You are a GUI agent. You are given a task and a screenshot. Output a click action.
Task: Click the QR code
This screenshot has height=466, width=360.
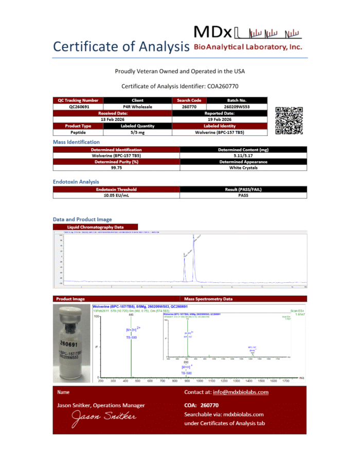tap(289, 120)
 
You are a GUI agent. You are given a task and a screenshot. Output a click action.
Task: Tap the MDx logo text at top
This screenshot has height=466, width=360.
tap(212, 32)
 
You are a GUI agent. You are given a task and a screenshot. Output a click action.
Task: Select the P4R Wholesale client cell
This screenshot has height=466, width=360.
tap(138, 106)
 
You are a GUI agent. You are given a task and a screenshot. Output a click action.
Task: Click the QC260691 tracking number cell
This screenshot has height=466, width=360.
tap(78, 106)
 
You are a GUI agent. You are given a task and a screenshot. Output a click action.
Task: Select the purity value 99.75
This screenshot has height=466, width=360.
tap(116, 168)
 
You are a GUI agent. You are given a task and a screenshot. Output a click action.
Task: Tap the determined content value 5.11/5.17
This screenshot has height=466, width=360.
tap(243, 155)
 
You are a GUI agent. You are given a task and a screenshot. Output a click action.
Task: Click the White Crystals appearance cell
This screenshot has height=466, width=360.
tap(243, 168)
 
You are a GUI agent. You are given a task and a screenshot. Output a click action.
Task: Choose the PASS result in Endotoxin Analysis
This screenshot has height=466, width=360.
tap(243, 195)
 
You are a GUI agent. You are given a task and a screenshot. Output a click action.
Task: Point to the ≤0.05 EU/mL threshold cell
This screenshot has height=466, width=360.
tap(116, 195)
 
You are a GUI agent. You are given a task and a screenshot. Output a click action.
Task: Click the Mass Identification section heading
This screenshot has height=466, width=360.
tap(76, 142)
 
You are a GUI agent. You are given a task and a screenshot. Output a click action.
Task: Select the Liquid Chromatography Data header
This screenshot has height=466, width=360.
tap(96, 227)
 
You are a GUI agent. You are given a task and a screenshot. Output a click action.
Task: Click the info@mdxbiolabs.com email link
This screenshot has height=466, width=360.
tap(241, 392)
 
